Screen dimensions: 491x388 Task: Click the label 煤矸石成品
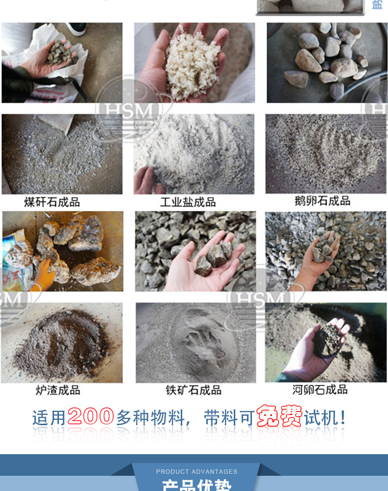[52, 202]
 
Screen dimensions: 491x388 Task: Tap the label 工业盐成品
[188, 202]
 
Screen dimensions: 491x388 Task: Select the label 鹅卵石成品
[322, 201]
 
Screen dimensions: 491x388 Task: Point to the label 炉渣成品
[57, 390]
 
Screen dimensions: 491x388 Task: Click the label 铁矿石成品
[193, 390]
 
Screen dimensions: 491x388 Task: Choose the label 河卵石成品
[320, 390]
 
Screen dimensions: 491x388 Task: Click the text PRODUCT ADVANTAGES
[196, 471]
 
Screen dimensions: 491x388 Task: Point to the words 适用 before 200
[49, 418]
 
